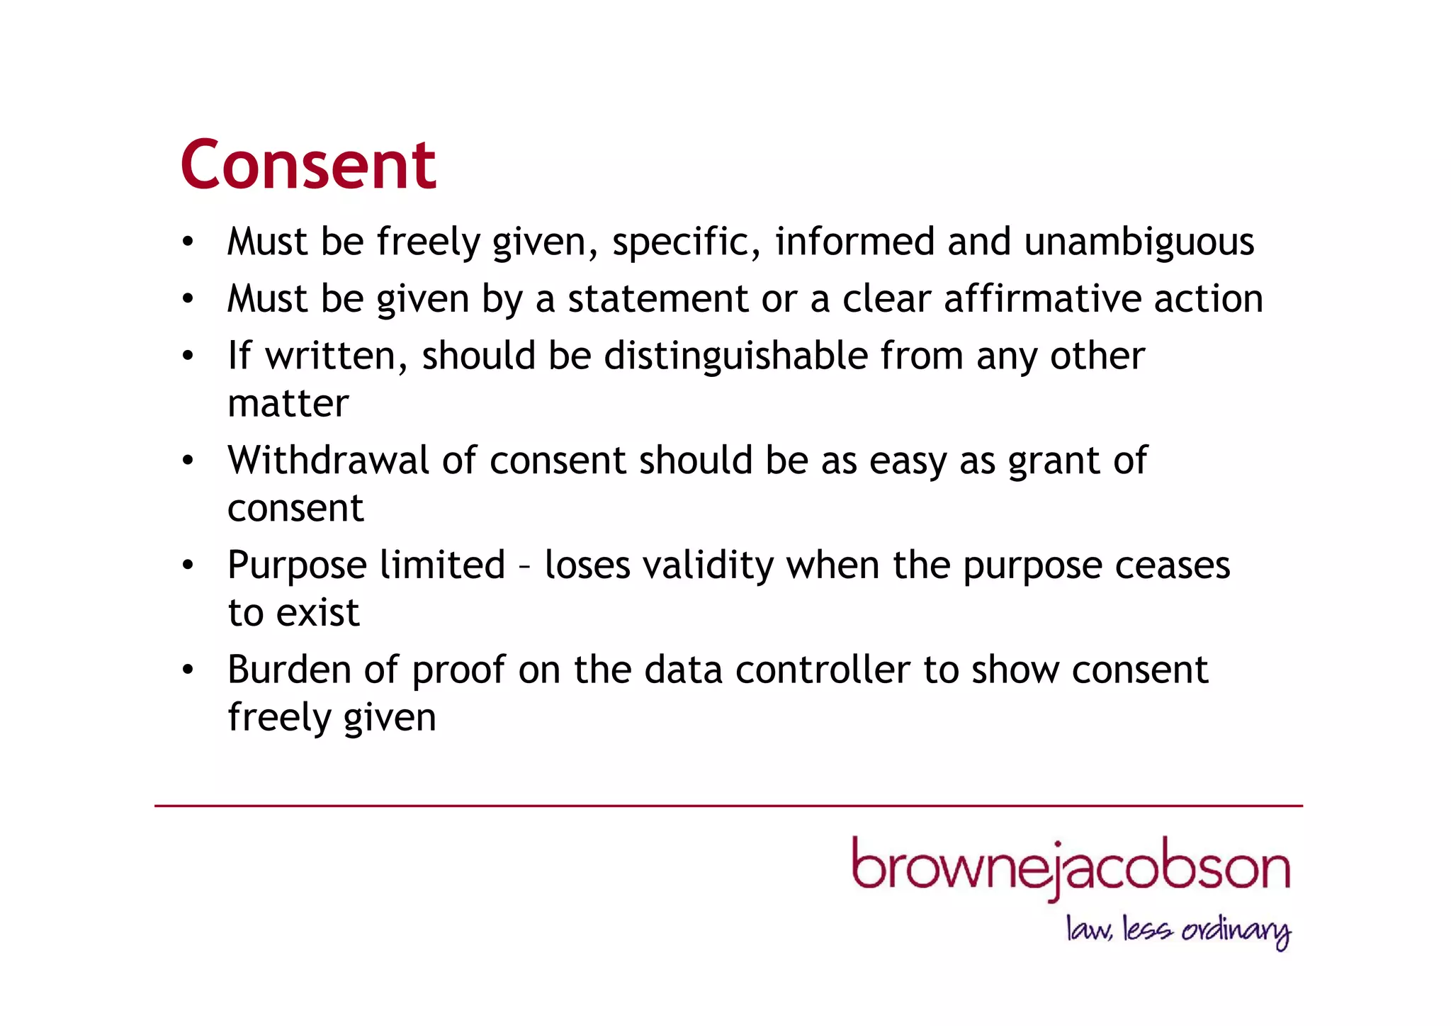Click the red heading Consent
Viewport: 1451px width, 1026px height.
pos(308,164)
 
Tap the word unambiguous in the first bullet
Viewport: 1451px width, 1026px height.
pos(1139,242)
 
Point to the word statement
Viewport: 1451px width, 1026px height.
pos(657,299)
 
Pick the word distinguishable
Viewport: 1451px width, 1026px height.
pos(735,356)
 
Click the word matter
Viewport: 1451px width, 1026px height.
pos(288,404)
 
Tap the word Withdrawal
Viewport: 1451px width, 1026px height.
pos(328,461)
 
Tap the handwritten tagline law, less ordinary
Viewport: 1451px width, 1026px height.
pos(1178,930)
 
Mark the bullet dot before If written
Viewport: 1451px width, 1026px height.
pos(187,355)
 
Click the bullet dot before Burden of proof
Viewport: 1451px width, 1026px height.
pos(187,670)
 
